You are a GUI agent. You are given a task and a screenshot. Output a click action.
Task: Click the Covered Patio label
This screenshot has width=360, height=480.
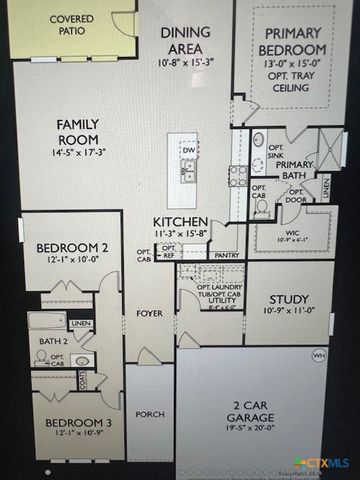click(x=71, y=25)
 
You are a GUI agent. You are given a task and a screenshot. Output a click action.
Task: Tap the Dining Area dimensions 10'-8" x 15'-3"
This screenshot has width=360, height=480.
click(x=187, y=62)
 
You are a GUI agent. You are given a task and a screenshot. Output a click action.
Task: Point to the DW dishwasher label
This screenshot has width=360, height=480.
click(x=188, y=150)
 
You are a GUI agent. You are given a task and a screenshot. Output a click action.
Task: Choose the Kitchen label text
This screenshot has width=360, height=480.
click(x=180, y=221)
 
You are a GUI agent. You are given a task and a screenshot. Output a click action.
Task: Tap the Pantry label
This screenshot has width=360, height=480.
click(x=227, y=255)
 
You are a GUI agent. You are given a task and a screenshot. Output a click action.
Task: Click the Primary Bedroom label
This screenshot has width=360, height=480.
click(x=292, y=41)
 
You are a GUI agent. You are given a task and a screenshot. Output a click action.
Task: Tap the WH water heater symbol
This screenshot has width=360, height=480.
click(x=319, y=355)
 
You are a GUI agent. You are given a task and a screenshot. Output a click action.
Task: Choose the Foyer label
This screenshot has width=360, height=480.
click(x=150, y=314)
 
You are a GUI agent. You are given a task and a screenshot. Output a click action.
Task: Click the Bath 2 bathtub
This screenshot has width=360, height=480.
click(x=47, y=322)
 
